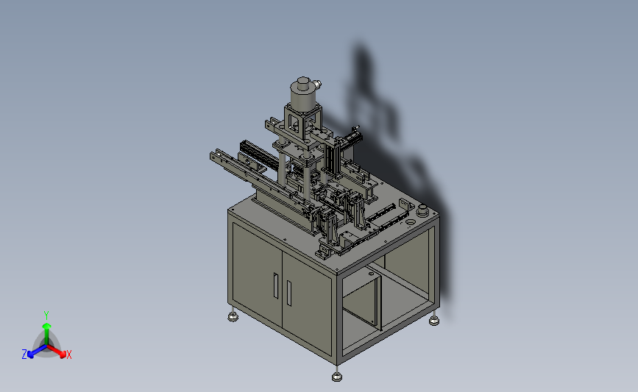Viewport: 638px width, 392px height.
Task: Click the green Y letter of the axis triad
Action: pyautogui.click(x=46, y=316)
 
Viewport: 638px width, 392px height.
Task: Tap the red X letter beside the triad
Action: pyautogui.click(x=68, y=354)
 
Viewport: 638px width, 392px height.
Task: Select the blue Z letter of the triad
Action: pyautogui.click(x=24, y=354)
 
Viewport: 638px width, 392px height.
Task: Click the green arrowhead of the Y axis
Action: pyautogui.click(x=46, y=326)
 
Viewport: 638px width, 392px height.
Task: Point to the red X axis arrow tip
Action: pyautogui.click(x=63, y=354)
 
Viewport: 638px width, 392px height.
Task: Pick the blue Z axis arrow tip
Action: pyautogui.click(x=30, y=354)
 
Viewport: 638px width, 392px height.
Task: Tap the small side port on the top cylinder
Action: pyautogui.click(x=317, y=85)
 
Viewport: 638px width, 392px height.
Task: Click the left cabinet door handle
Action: pyautogui.click(x=276, y=285)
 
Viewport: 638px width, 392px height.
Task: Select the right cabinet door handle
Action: pyautogui.click(x=289, y=293)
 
